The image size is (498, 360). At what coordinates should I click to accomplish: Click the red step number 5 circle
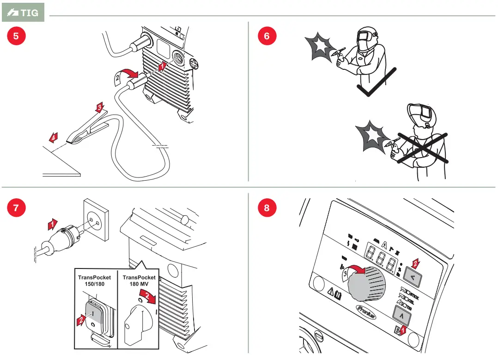click(x=16, y=36)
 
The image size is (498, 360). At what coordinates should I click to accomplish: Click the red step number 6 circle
click(x=267, y=36)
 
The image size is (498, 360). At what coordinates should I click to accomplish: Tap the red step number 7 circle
click(x=16, y=208)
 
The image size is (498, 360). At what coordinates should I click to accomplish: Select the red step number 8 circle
click(x=267, y=208)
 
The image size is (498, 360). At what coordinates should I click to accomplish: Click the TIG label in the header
click(x=23, y=13)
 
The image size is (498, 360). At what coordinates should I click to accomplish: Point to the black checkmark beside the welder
click(x=377, y=83)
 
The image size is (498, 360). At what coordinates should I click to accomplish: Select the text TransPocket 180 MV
click(x=139, y=280)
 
